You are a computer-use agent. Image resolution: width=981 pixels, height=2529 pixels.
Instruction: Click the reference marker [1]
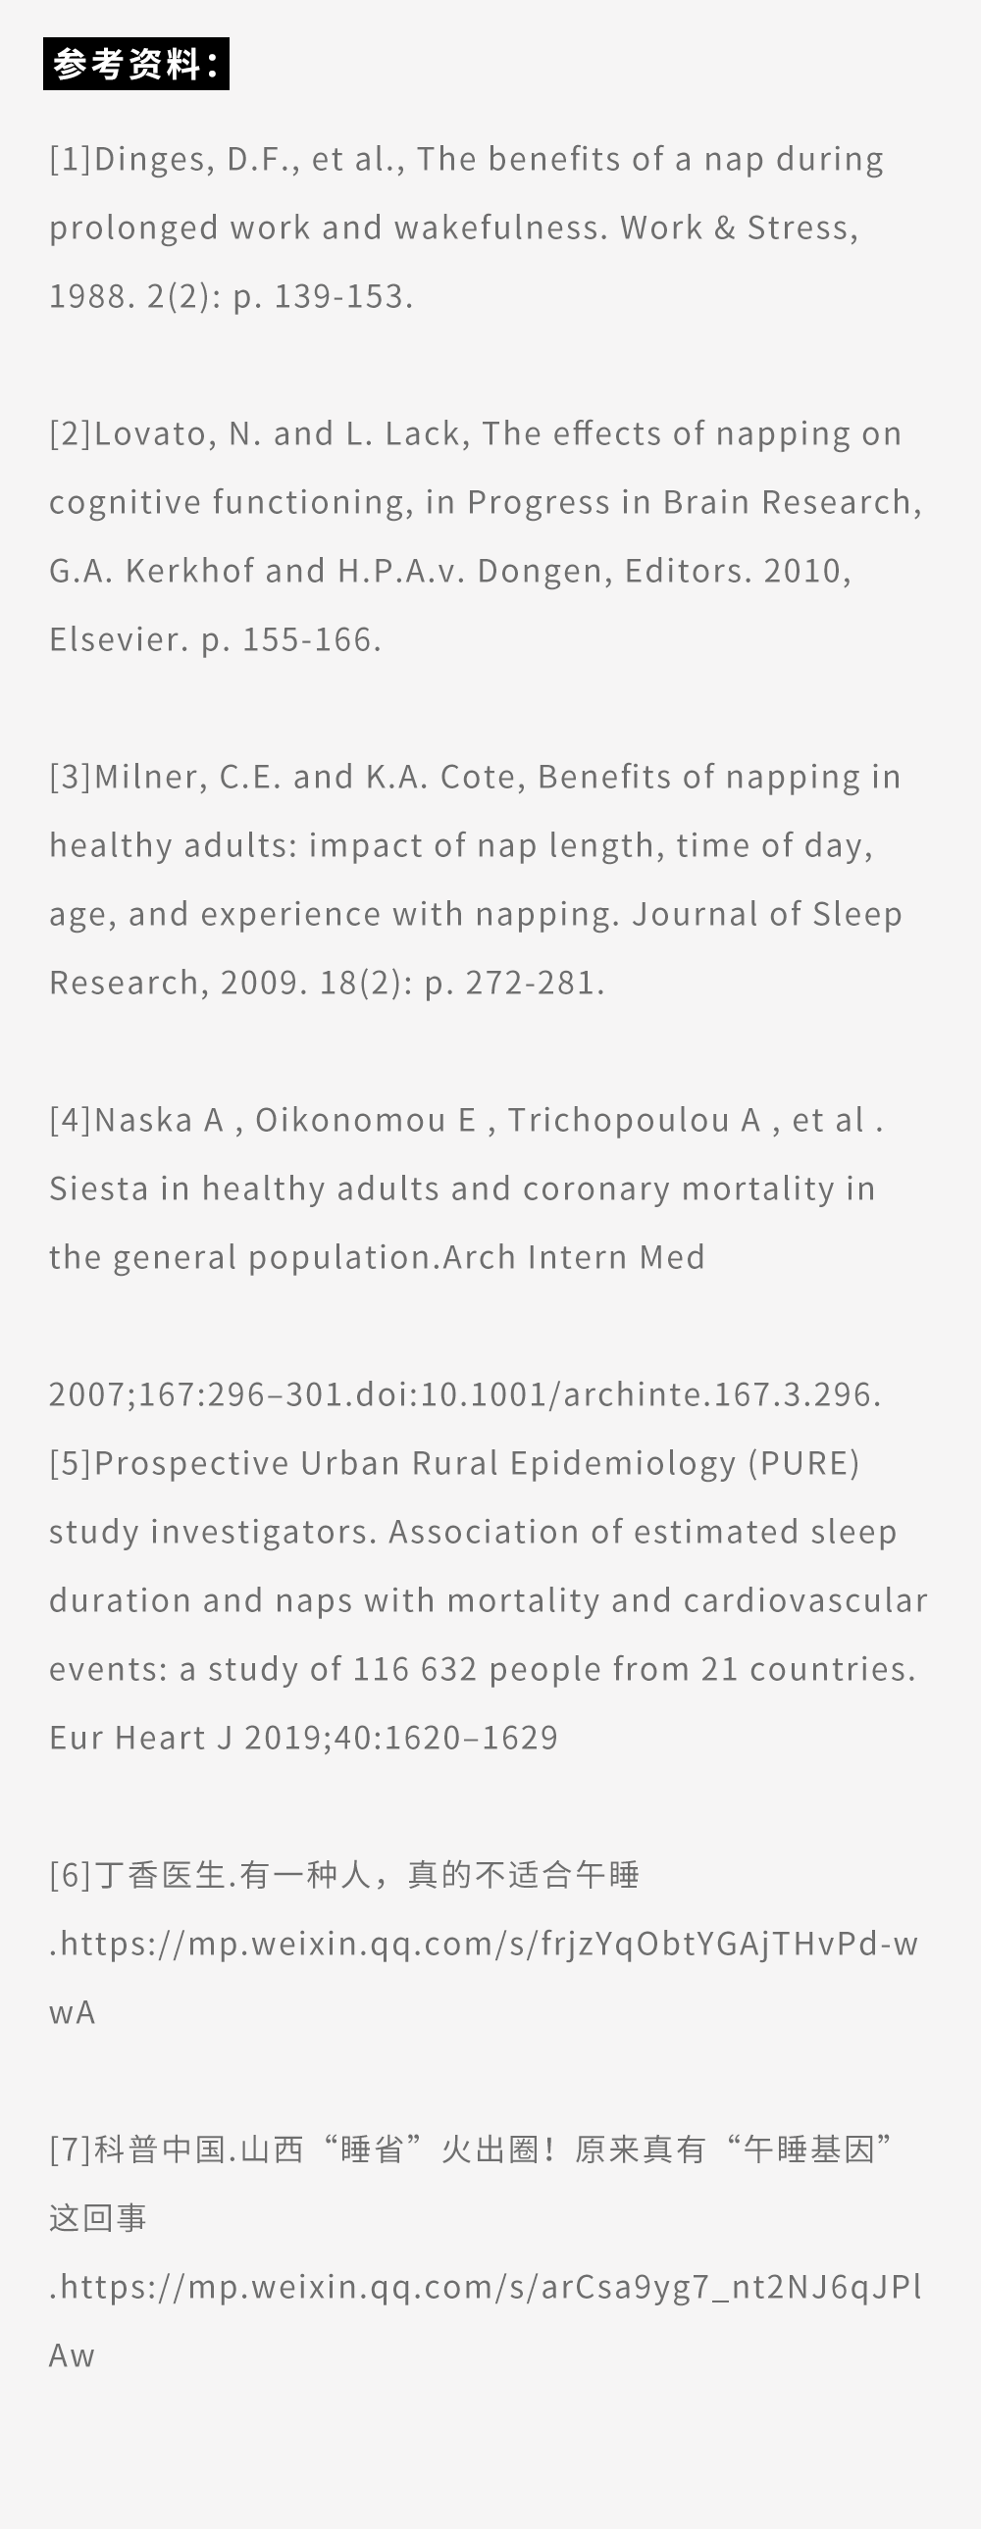(x=71, y=159)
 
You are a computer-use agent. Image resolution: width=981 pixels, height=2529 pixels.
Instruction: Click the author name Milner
(x=150, y=778)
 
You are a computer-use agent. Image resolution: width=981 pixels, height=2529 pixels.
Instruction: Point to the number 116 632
(x=414, y=1670)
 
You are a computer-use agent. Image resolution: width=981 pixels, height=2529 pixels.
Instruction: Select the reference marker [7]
(x=71, y=2150)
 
